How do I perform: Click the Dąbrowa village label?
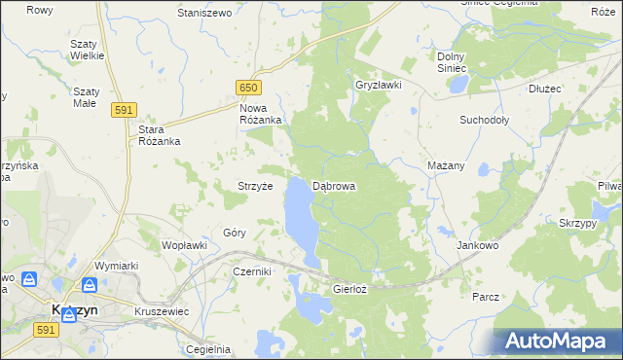334,185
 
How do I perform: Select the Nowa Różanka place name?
260,113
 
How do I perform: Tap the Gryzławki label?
379,85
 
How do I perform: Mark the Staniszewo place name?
203,13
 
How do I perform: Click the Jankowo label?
477,246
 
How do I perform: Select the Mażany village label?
446,165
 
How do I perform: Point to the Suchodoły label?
484,121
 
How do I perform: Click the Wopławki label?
184,245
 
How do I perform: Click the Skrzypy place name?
577,223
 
